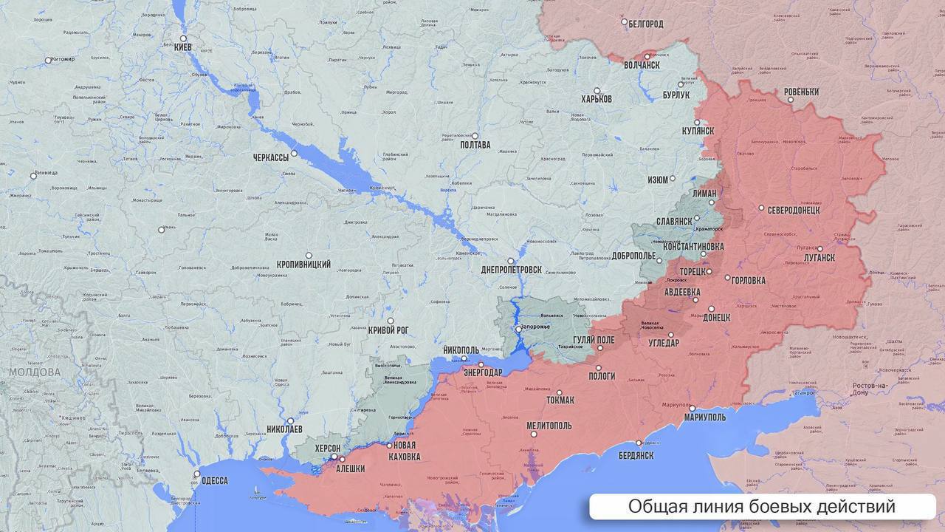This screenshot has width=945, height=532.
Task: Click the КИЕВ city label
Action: [x=182, y=47]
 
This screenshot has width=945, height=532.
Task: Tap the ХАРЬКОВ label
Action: [x=596, y=99]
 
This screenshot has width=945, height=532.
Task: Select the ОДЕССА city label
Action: [x=214, y=480]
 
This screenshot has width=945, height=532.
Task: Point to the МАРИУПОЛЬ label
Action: [x=704, y=417]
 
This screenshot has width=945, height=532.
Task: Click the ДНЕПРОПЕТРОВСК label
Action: [x=511, y=270]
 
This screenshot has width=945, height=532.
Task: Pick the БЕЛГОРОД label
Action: [x=646, y=24]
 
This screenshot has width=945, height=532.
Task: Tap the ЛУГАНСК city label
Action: [x=819, y=258]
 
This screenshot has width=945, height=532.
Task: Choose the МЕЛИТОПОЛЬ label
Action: [x=549, y=426]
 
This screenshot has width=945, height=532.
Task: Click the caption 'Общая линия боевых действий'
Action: [x=761, y=507]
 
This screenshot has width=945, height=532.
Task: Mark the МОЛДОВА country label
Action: [x=35, y=372]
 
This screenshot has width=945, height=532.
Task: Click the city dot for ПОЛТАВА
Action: [x=475, y=136]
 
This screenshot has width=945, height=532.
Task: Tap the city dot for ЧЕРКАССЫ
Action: [x=294, y=154]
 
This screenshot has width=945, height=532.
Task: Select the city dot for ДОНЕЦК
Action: [x=712, y=309]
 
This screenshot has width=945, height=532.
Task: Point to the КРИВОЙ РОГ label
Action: [x=388, y=330]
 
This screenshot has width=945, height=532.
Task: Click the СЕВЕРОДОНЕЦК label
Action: [x=794, y=210]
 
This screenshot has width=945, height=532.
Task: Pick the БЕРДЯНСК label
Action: [x=636, y=455]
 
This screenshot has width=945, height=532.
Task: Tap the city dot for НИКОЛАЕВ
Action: [x=291, y=420]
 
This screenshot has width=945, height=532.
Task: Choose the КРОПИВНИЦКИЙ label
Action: [x=303, y=265]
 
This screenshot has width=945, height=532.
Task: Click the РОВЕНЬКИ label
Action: [x=801, y=92]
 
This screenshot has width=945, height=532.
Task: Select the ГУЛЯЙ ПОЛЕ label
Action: [x=594, y=340]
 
